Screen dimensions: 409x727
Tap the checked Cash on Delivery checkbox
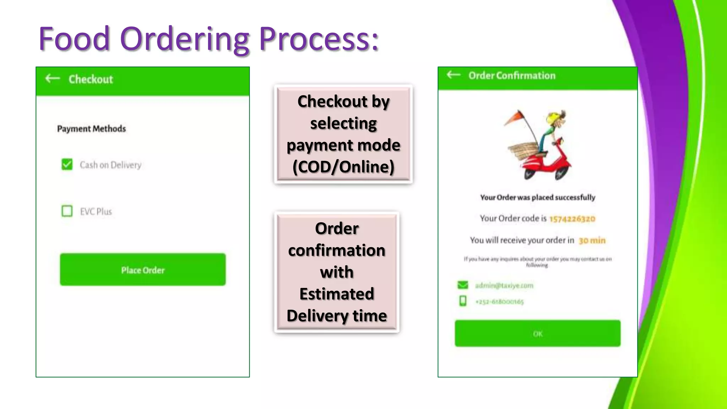tap(67, 164)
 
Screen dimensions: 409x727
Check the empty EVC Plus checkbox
tap(67, 211)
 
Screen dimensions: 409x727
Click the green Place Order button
tap(143, 269)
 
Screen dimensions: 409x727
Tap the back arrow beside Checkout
tap(53, 78)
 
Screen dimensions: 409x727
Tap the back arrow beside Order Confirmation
tap(453, 75)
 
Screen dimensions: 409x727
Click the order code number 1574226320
tap(572, 219)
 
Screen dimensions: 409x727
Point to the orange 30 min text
tap(592, 240)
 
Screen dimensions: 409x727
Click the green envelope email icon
tap(463, 285)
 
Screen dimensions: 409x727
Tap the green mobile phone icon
tap(463, 301)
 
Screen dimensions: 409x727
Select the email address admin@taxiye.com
tap(504, 285)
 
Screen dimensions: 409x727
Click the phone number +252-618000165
tap(499, 302)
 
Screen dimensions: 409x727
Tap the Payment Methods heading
tap(92, 129)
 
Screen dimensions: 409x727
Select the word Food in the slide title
tap(74, 39)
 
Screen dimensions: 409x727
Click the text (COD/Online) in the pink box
tap(343, 167)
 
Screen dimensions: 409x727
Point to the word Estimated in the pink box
tap(337, 294)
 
